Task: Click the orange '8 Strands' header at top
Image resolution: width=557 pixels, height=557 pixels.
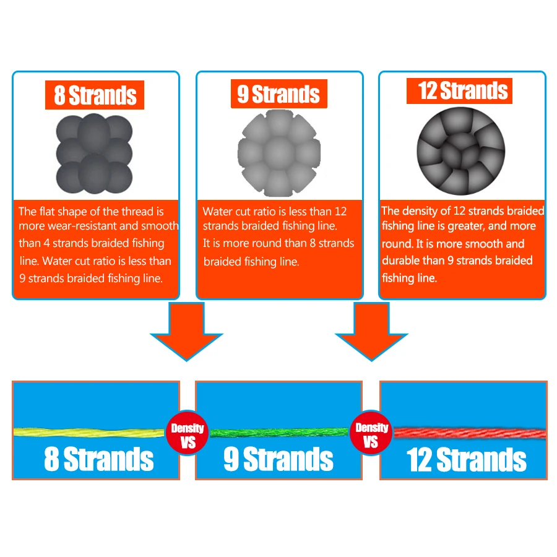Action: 95,95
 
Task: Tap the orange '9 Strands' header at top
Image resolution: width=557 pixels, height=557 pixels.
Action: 279,94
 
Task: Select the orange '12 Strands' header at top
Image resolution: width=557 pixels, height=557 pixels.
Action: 459,91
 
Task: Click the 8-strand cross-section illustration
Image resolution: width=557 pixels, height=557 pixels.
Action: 94,154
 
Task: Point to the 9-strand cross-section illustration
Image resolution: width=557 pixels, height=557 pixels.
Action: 279,153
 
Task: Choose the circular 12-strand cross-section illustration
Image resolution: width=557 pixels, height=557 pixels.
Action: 460,151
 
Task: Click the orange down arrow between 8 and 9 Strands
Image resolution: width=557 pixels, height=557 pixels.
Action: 186,332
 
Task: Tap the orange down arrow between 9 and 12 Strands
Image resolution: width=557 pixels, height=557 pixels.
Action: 371,332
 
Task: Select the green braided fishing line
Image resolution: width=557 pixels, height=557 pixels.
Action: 279,433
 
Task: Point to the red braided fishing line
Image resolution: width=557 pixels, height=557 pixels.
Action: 470,433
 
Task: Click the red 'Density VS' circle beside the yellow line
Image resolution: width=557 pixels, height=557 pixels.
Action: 187,434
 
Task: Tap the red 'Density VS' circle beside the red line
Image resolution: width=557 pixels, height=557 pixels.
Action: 371,433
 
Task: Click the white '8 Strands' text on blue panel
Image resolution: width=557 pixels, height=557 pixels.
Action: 99,459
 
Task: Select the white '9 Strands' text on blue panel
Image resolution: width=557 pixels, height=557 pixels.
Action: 278,459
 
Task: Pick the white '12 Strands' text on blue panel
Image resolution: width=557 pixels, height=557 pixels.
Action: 466,460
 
